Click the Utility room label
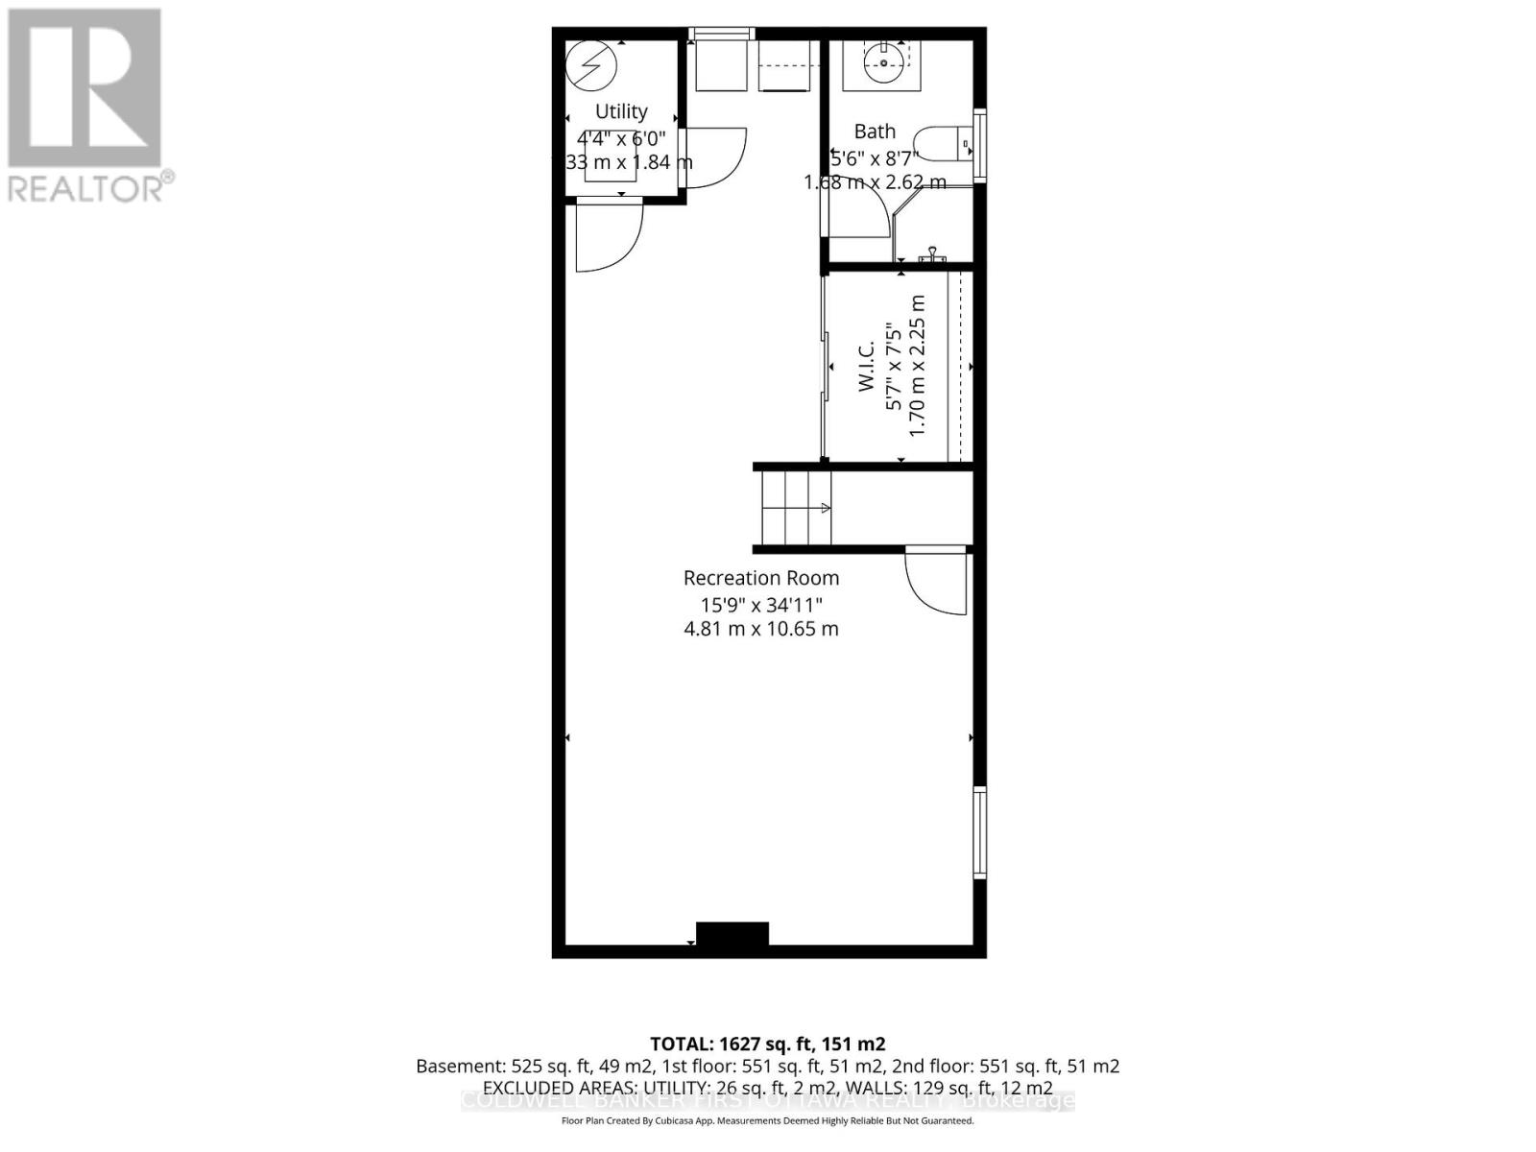coord(621,111)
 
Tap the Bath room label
coord(875,131)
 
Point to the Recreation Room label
coord(760,578)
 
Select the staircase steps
coord(796,508)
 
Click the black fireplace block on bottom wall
coord(732,934)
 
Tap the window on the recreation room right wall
coord(979,831)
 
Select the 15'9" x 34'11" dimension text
coord(760,605)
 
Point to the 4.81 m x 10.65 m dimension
coord(760,629)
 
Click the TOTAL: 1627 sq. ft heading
coord(767,1044)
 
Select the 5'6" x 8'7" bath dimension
coord(875,156)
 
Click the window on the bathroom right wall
coord(979,145)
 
